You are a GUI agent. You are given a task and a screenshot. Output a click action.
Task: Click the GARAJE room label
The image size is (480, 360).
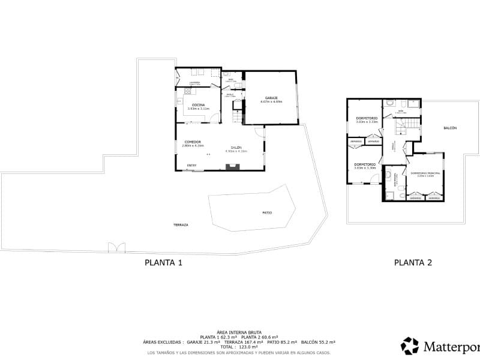pyautogui.click(x=271, y=98)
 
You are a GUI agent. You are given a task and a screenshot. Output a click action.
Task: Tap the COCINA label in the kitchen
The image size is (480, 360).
pyautogui.click(x=199, y=105)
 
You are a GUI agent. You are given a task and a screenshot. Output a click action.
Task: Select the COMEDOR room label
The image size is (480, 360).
pyautogui.click(x=193, y=142)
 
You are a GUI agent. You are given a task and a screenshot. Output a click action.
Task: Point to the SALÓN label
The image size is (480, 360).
pyautogui.click(x=236, y=148)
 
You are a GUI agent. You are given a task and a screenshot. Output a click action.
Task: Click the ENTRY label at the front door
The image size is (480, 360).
pyautogui.click(x=191, y=166)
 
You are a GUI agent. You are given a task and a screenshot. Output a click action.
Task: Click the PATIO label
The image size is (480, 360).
pyautogui.click(x=267, y=212)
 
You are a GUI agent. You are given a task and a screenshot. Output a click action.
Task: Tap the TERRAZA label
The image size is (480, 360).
pyautogui.click(x=181, y=224)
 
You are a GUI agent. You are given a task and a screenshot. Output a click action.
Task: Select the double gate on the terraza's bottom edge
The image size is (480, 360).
pyautogui.click(x=116, y=247)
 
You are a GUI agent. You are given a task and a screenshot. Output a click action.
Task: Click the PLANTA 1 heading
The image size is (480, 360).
pyautogui.click(x=163, y=262)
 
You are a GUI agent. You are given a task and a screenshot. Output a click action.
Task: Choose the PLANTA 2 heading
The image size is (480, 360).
pyautogui.click(x=413, y=262)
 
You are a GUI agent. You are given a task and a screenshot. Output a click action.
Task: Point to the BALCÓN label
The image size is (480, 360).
pyautogui.click(x=450, y=128)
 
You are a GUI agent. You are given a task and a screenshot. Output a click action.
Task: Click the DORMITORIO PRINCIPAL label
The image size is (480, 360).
pyautogui.click(x=425, y=173)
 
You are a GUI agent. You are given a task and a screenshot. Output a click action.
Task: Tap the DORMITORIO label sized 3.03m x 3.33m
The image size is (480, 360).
pyautogui.click(x=366, y=118)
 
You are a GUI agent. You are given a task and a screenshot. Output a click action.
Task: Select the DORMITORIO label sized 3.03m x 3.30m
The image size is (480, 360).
pyautogui.click(x=365, y=164)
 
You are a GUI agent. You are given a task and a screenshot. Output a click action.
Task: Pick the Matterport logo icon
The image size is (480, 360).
pyautogui.click(x=410, y=346)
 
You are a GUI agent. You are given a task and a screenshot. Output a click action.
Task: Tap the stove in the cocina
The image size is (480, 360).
pyautogui.click(x=187, y=92)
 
